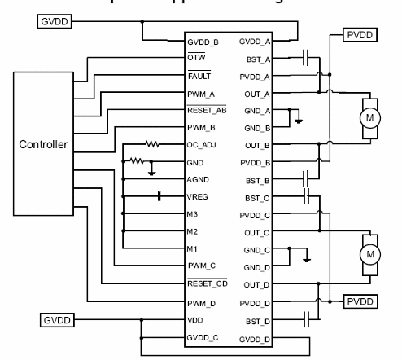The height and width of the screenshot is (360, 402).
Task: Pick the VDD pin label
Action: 195,321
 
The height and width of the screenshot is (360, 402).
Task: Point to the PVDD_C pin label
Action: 249,214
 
